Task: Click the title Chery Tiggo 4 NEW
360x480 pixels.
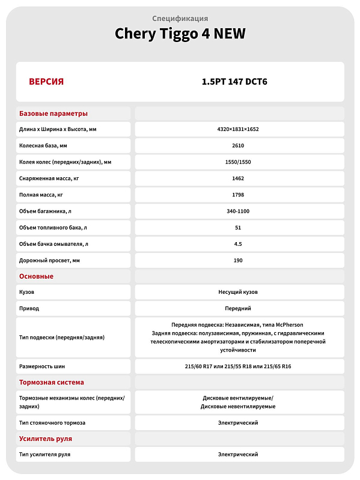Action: tap(180, 34)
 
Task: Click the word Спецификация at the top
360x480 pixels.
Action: tap(180, 18)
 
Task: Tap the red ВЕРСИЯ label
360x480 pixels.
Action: tap(46, 82)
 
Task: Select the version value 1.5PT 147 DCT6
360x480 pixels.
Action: tap(238, 82)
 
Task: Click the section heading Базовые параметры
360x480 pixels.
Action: tap(53, 114)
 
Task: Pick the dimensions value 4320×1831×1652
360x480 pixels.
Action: tap(238, 129)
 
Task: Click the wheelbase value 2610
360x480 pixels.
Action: tap(238, 145)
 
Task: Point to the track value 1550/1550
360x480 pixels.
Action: tap(238, 162)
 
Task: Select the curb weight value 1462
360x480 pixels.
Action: tap(238, 178)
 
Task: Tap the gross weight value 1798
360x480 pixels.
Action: tap(238, 195)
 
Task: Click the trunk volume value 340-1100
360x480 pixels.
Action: tap(238, 211)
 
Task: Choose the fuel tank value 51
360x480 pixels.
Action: tap(238, 228)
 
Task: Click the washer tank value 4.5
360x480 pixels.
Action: tap(238, 244)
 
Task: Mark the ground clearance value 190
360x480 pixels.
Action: tap(238, 260)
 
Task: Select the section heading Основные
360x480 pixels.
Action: tap(37, 276)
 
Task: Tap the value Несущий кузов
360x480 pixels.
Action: tap(238, 292)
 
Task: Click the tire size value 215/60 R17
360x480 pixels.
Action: tap(204, 366)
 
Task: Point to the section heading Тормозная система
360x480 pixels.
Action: tap(52, 382)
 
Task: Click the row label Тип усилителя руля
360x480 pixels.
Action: tap(45, 454)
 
